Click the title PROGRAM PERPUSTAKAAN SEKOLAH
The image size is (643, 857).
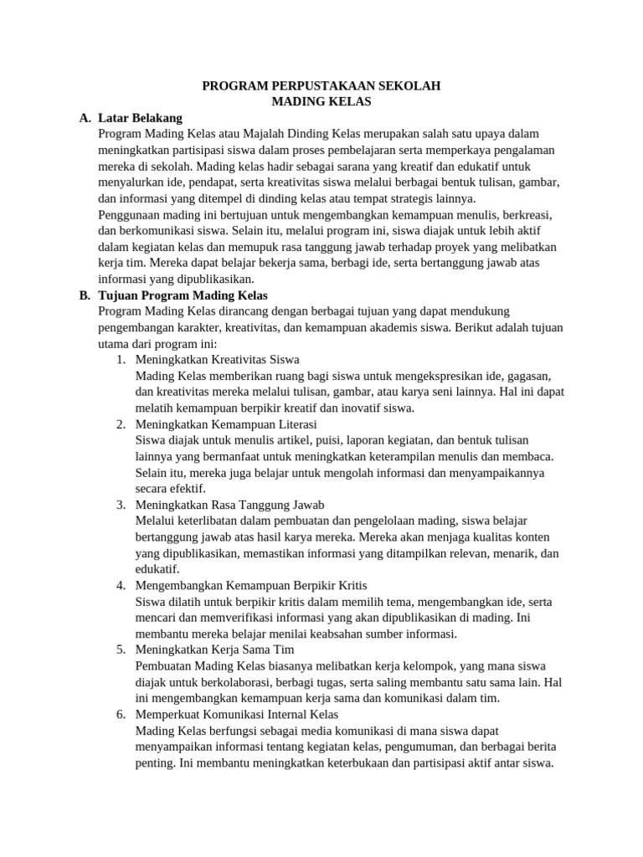[321, 85]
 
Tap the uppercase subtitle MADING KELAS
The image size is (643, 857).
[321, 101]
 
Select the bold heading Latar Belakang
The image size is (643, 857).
[140, 118]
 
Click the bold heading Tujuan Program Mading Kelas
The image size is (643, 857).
[183, 295]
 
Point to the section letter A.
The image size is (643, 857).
[85, 118]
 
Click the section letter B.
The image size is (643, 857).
[85, 295]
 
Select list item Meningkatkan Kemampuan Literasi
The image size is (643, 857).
[220, 424]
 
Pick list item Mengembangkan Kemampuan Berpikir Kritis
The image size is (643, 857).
[250, 585]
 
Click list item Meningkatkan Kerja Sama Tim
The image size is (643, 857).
[214, 649]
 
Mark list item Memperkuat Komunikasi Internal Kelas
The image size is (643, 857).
[236, 714]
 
